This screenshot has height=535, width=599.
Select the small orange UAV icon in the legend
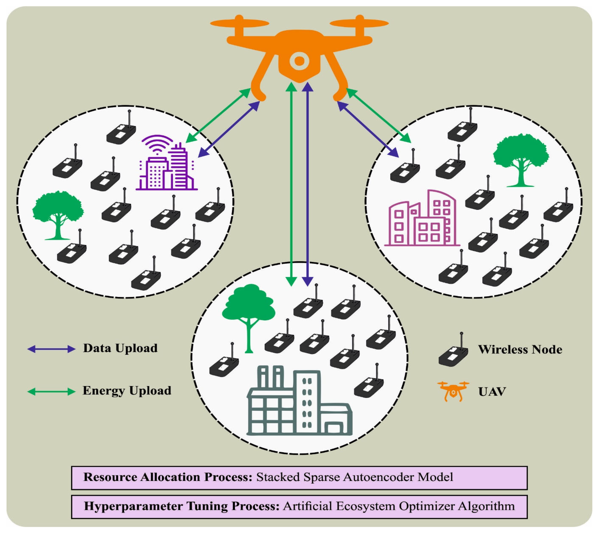pos(453,391)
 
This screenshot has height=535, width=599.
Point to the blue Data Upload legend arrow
pos(51,349)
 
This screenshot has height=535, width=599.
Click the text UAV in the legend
pos(492,392)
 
